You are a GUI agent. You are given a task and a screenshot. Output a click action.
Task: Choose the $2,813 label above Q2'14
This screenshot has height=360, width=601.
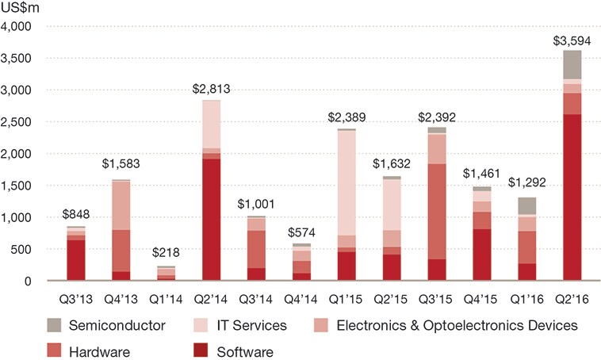tap(211, 88)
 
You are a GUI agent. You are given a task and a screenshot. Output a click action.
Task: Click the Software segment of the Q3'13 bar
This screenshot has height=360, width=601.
tap(76, 260)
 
